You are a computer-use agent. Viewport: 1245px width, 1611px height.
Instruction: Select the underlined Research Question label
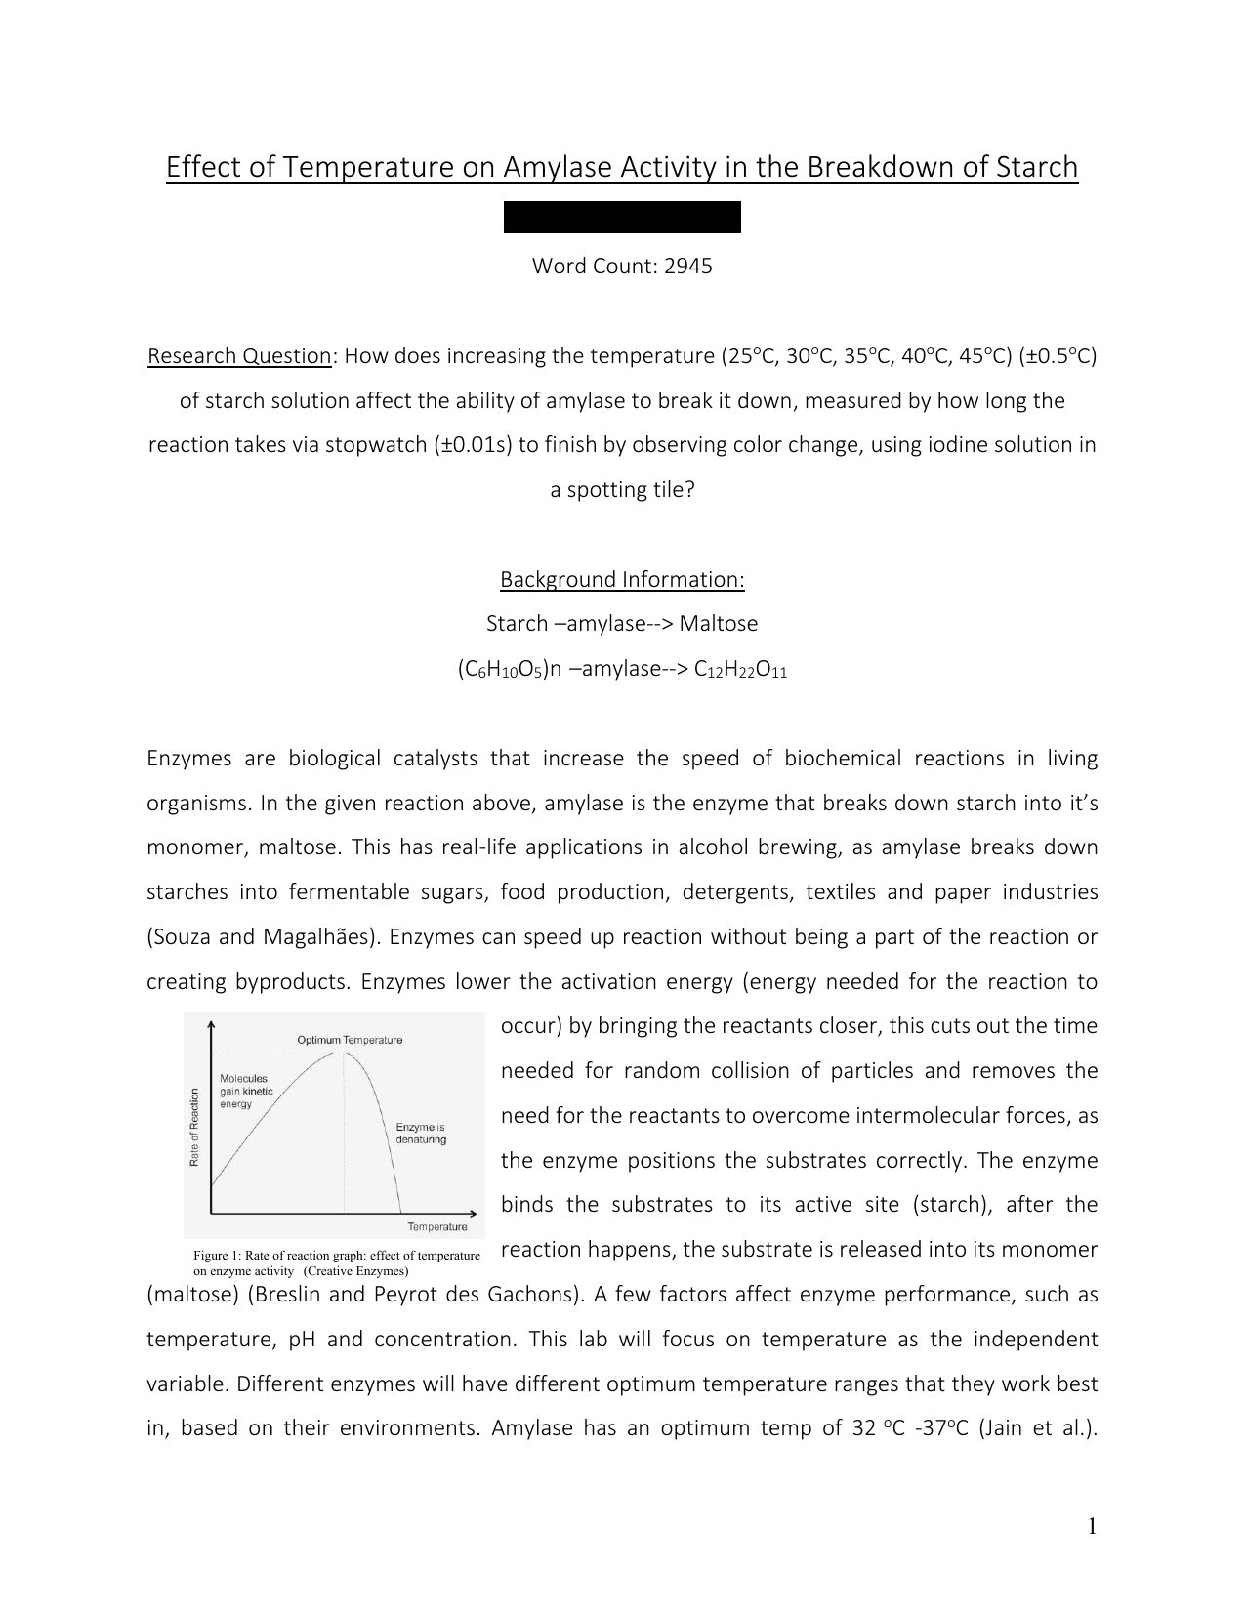tap(239, 355)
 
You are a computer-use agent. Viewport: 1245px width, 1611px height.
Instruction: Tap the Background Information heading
tap(622, 579)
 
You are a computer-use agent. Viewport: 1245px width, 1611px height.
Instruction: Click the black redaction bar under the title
tap(622, 217)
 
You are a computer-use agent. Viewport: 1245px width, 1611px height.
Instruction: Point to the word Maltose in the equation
tap(718, 623)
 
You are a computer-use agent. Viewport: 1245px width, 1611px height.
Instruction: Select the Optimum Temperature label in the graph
tap(350, 1040)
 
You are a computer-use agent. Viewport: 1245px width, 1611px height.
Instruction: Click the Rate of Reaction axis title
tap(194, 1127)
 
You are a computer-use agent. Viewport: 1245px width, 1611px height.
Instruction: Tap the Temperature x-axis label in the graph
tap(436, 1226)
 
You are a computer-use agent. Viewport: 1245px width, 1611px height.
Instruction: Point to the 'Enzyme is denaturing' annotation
tap(421, 1133)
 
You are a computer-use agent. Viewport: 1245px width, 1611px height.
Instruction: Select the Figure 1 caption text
tap(336, 1262)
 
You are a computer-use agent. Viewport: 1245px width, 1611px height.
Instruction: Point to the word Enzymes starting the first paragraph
tap(188, 759)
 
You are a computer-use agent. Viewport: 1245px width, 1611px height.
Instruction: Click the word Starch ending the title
tap(1037, 168)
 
